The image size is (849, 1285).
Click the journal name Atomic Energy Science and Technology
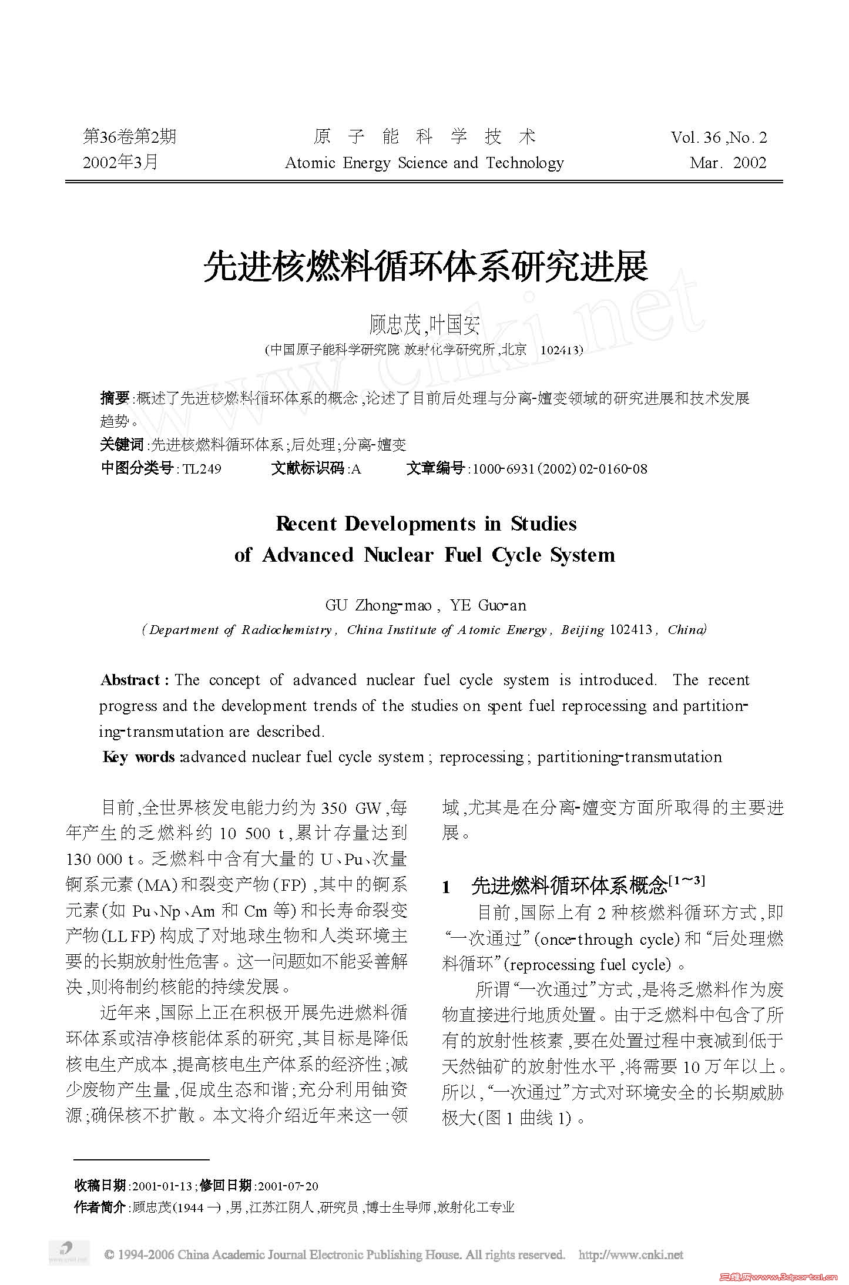424,163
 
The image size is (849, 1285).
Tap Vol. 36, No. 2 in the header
719,137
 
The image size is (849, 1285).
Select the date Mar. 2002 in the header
728,163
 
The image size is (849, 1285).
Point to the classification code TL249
202,469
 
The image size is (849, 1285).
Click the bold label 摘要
115,398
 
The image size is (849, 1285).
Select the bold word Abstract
130,680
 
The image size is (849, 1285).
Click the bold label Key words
139,757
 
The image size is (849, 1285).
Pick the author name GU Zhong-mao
378,606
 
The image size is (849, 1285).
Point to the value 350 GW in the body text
351,808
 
